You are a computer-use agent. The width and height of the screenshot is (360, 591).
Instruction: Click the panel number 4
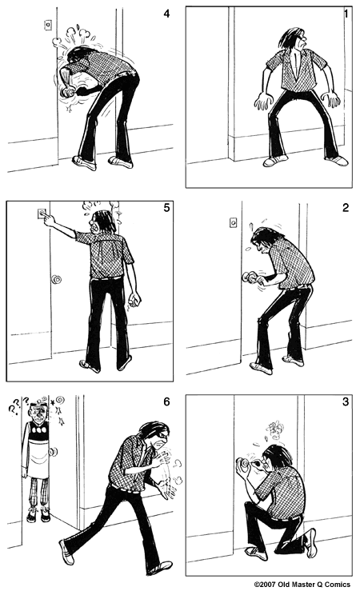(x=166, y=14)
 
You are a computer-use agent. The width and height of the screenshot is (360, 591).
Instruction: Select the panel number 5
(x=166, y=210)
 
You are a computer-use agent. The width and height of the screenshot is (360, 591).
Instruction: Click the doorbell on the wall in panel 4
(x=47, y=25)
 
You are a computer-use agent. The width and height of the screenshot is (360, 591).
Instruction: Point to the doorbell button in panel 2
(x=232, y=222)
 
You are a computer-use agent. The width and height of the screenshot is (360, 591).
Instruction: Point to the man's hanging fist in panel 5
(x=134, y=301)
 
